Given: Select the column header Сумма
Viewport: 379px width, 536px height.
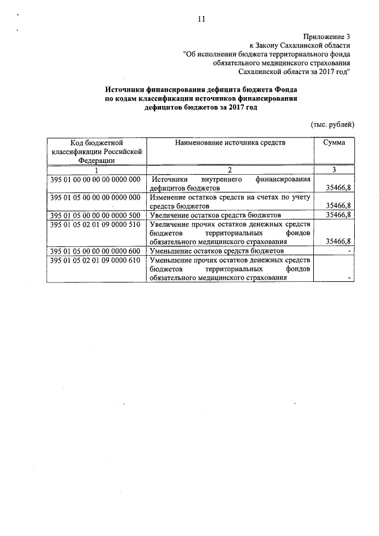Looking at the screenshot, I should tap(335, 143).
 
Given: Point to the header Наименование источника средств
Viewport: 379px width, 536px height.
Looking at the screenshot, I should tap(230, 143).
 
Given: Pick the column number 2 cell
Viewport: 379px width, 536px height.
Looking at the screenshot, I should tap(230, 170).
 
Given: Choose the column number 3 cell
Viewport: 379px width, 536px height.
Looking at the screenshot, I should tap(335, 170).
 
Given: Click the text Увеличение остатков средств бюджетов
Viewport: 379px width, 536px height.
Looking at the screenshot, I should tap(216, 214).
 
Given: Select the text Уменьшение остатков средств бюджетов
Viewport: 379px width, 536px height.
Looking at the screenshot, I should tap(217, 251).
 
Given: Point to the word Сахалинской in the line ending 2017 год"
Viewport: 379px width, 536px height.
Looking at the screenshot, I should tap(264, 71).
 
